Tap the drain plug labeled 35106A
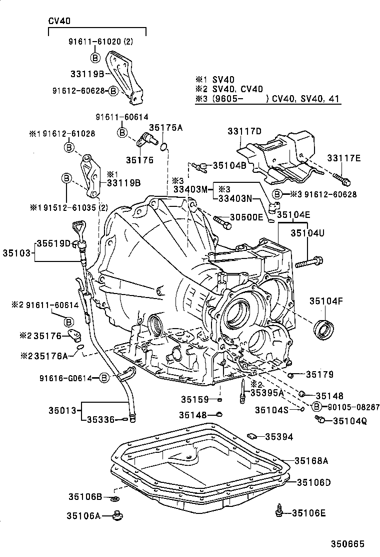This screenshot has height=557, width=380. (x=118, y=514)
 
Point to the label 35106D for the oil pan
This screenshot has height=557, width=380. (x=314, y=482)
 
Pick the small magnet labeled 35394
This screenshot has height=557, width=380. (x=252, y=436)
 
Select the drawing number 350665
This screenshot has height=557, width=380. (x=347, y=543)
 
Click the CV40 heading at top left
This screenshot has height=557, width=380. (x=59, y=21)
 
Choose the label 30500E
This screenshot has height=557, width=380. (x=246, y=217)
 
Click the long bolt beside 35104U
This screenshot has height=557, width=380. (x=309, y=261)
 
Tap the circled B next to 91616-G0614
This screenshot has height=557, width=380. (x=103, y=378)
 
